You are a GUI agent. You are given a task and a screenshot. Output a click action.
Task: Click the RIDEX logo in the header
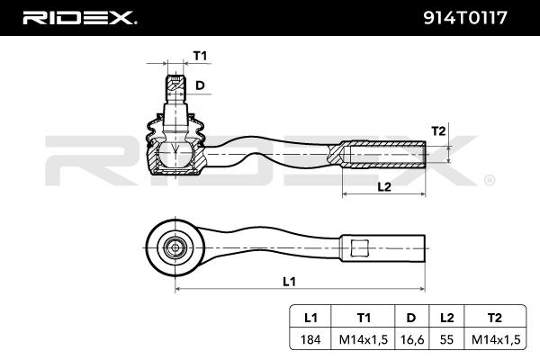(x=79, y=17)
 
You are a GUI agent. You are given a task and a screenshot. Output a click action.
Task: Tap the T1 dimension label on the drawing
(x=200, y=57)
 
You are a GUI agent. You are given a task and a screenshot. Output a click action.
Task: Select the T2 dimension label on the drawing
(x=438, y=130)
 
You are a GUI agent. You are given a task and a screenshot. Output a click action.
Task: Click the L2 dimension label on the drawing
(x=383, y=186)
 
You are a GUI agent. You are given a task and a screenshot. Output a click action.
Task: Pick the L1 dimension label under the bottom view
(x=289, y=281)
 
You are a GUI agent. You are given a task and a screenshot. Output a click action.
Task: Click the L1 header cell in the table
(x=310, y=318)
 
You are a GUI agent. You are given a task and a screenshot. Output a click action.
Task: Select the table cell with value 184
(x=310, y=339)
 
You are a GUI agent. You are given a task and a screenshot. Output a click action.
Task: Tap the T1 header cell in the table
(x=364, y=318)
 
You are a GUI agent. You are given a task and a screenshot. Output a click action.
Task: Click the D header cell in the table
(x=410, y=318)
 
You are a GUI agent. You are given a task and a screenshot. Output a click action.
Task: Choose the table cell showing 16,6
(x=410, y=339)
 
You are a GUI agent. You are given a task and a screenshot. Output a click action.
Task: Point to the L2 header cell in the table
(x=445, y=318)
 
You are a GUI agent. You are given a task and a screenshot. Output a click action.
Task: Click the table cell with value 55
(x=445, y=339)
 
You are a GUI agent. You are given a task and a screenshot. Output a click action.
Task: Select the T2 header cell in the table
(x=495, y=318)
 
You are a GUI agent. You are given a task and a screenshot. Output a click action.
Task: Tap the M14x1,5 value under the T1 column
(x=364, y=339)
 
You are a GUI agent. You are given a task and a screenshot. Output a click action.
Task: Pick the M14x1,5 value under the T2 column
(x=495, y=339)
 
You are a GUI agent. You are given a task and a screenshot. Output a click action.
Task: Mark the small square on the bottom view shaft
(x=359, y=247)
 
